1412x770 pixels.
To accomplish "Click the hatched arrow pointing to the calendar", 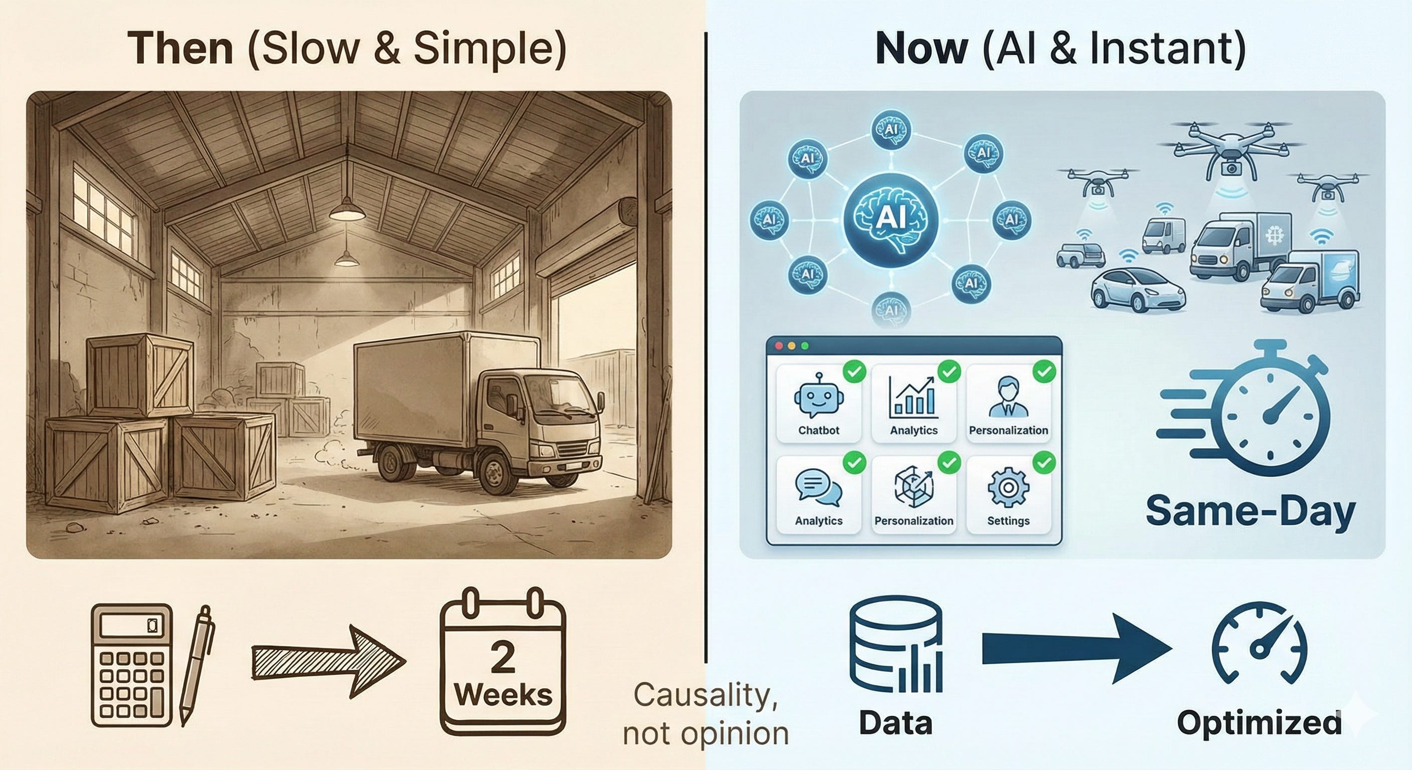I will point(328,663).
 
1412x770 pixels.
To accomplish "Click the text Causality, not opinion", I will point(705,713).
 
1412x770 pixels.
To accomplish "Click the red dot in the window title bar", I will point(778,346).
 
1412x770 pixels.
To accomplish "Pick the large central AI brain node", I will point(891,219).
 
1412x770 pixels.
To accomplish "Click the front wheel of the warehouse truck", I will point(495,474).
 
